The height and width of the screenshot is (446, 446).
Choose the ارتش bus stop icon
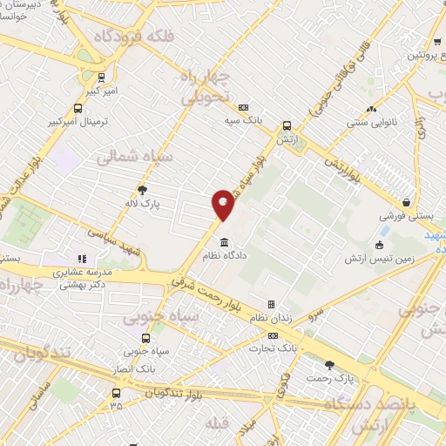[286, 125]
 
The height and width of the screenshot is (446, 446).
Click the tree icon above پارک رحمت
[329, 365]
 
